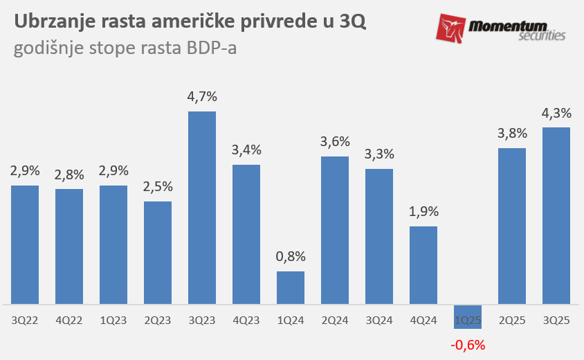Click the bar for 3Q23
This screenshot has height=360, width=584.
[202, 208]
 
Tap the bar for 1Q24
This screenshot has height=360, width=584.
[291, 287]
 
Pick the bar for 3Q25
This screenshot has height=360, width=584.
[556, 215]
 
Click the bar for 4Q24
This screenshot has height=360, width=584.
[423, 265]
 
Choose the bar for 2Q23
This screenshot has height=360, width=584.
[158, 253]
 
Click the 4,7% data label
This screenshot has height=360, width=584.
[202, 97]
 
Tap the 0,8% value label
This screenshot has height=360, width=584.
[291, 256]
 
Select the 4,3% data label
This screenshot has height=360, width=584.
[556, 113]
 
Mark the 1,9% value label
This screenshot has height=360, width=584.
[423, 212]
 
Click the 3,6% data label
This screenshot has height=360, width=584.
[335, 142]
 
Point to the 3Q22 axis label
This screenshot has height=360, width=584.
[25, 321]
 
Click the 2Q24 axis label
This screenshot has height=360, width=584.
[335, 321]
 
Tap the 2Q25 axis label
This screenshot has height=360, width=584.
[512, 321]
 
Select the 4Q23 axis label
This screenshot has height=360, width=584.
[246, 321]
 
